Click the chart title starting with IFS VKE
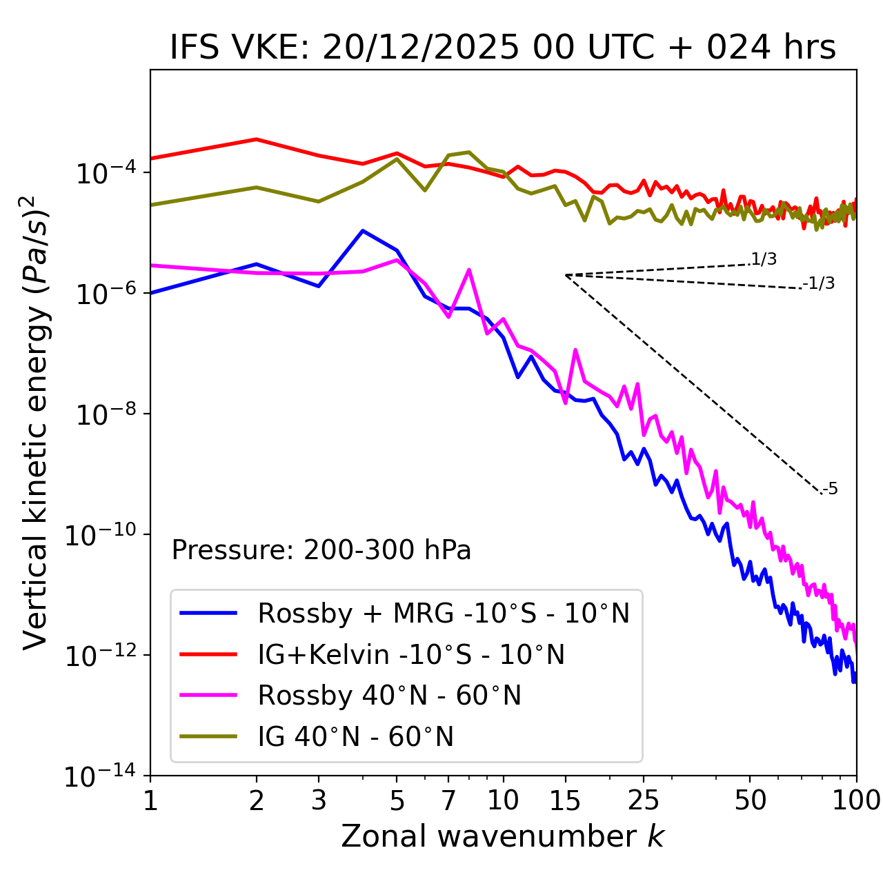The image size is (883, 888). point(503,48)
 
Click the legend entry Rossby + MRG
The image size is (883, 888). point(444,613)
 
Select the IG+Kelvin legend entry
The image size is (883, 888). point(411,654)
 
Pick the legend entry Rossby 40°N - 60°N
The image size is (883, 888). point(389,696)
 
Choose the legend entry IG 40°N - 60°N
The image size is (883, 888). point(355,737)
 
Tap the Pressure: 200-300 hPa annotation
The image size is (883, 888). point(321,550)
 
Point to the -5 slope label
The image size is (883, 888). point(830,489)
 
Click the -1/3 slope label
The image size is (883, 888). point(819,283)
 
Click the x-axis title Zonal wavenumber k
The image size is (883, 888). point(503,836)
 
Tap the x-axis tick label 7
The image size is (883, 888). point(448,800)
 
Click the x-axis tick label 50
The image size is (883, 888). point(750,800)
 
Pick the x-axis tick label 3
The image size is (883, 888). point(319,800)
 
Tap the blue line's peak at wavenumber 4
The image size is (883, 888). point(363,230)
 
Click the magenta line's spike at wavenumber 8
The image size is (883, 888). point(469,270)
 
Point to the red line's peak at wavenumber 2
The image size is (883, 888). point(257,139)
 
